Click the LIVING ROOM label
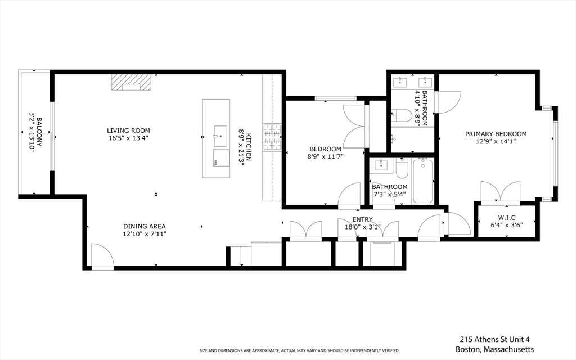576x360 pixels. coord(129,129)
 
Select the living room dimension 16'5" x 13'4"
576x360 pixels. coord(129,138)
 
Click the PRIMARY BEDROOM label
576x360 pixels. coord(496,134)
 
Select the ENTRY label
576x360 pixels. coord(362,219)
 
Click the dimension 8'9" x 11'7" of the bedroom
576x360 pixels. coord(325,156)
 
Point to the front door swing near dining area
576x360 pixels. coord(102,256)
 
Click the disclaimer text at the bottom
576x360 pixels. coord(299,351)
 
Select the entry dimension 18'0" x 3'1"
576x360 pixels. coord(362,227)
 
